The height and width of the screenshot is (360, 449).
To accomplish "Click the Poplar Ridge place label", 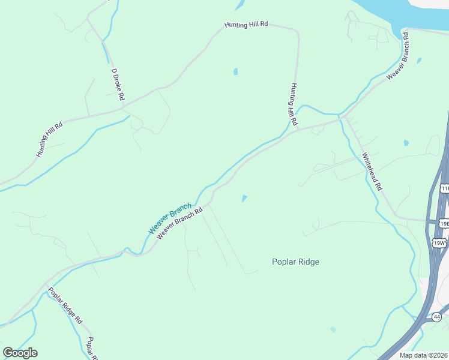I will tap(295, 262).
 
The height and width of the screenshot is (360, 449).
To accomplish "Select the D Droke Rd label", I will tap(118, 84).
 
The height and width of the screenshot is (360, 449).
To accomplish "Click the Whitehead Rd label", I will tap(372, 171).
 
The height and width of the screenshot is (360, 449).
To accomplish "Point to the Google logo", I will tap(20, 353).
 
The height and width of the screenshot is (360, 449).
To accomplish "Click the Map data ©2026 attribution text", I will tap(424, 355).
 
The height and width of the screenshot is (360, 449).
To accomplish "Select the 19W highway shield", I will tap(439, 242).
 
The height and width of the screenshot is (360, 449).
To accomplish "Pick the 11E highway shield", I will tap(444, 188).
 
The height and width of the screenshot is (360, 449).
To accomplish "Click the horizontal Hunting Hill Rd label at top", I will tap(246, 25).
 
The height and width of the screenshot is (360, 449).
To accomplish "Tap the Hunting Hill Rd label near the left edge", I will tap(49, 139).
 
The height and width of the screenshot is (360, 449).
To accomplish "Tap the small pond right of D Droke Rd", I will tap(236, 71).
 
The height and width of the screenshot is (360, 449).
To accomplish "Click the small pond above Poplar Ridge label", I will tap(244, 198).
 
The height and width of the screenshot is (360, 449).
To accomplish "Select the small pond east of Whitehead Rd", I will tap(406, 143).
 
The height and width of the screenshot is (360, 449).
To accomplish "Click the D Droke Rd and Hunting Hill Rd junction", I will tap(124, 108).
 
